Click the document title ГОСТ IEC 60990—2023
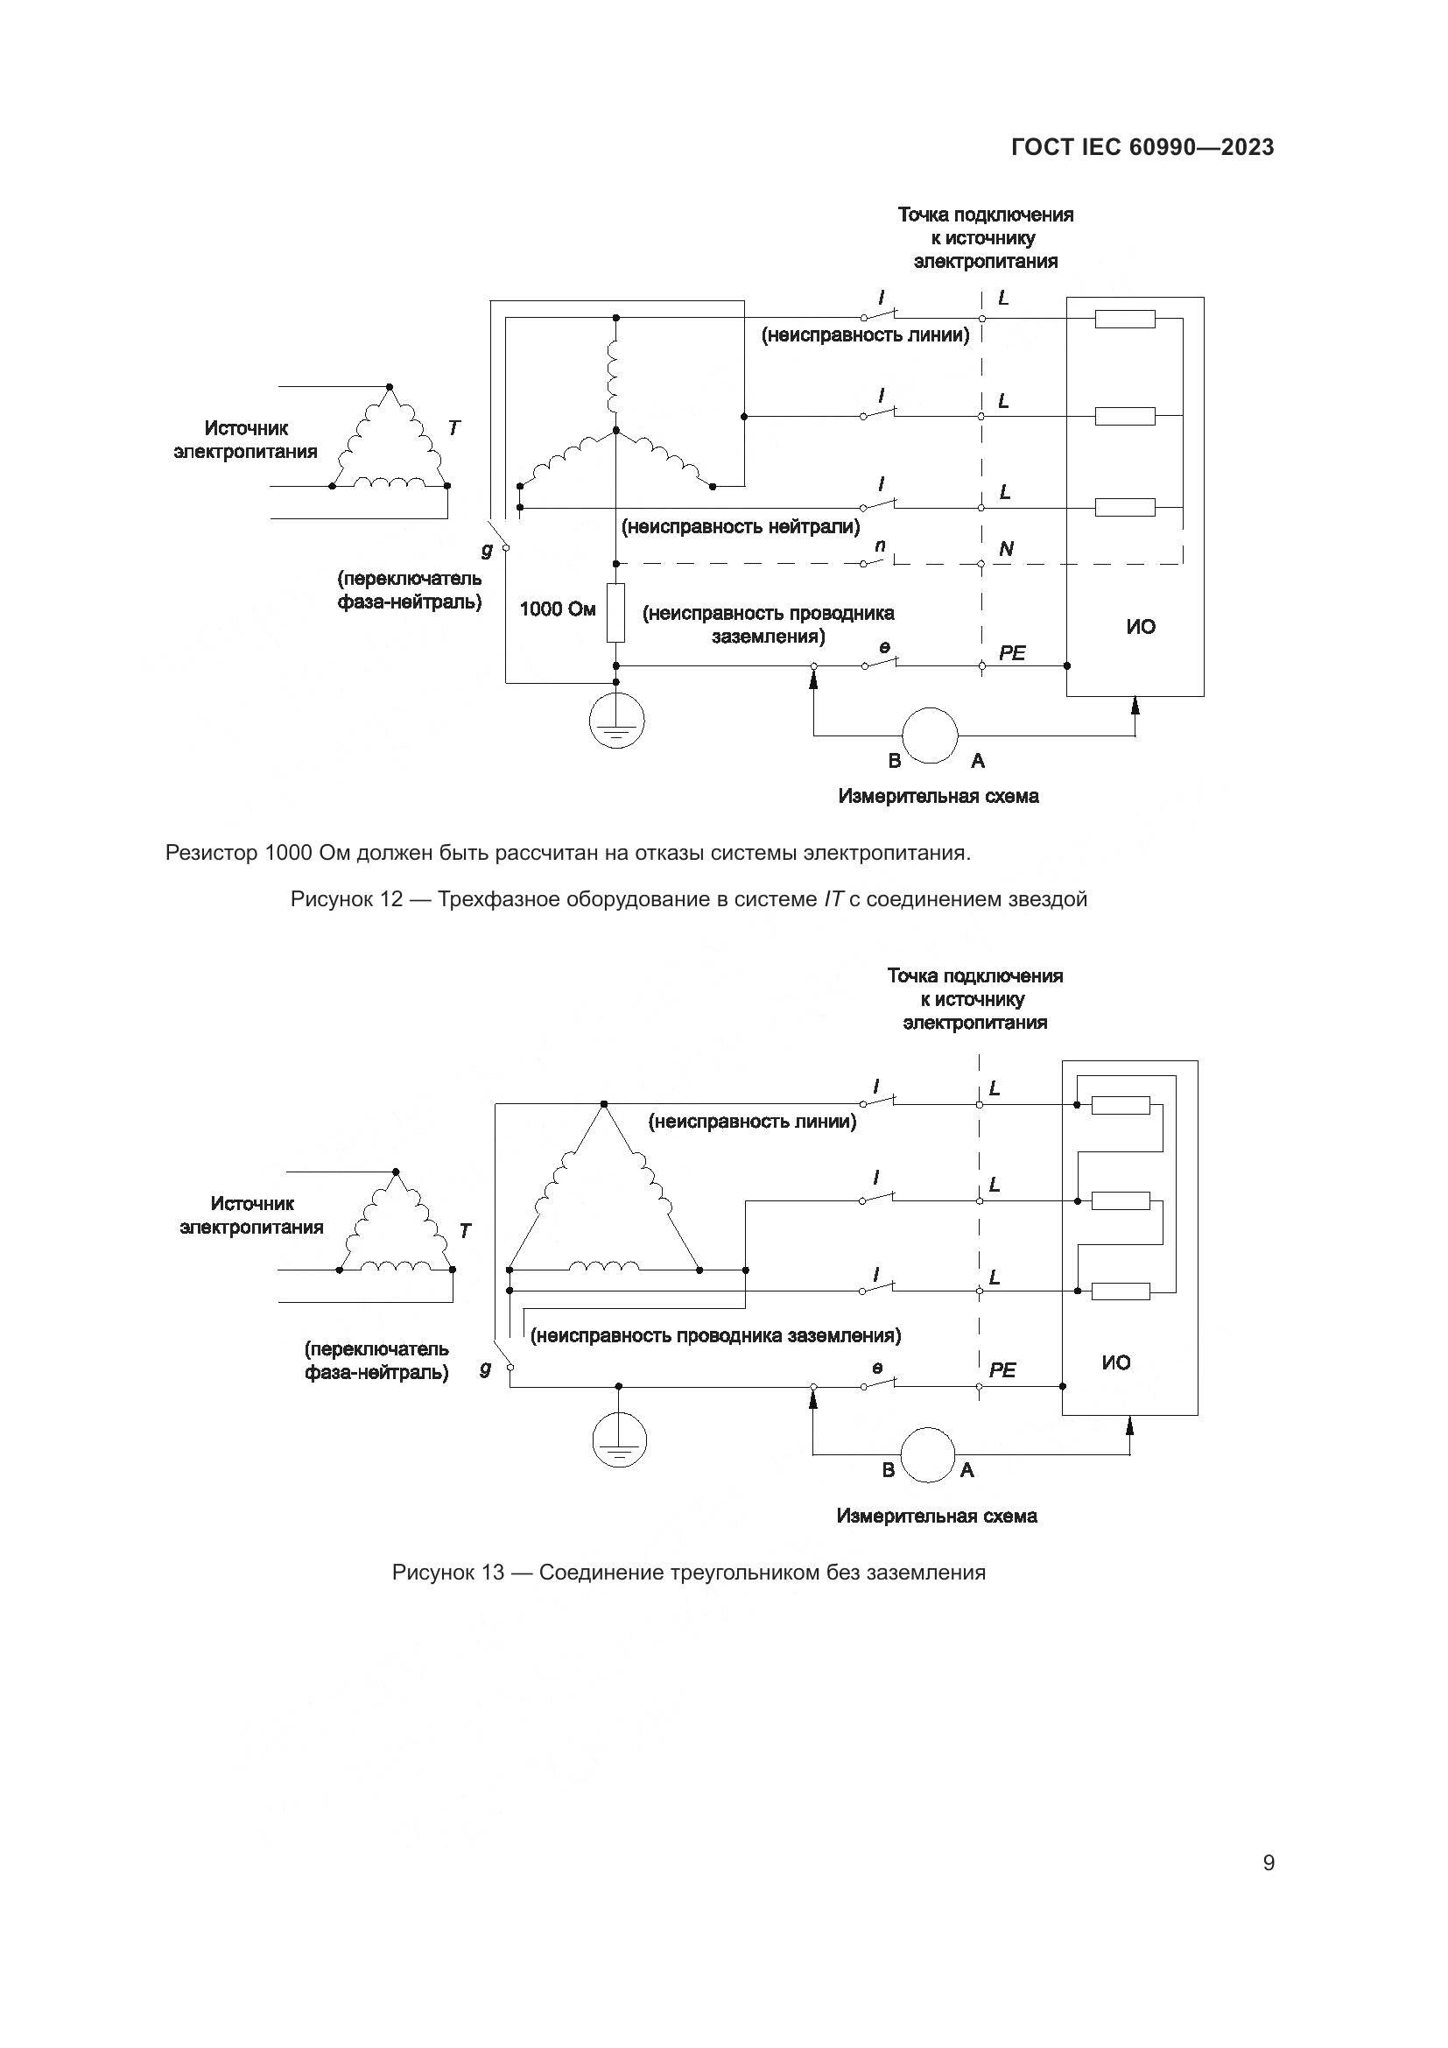click(x=1142, y=148)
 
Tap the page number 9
click(x=1268, y=1862)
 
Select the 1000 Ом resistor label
click(x=558, y=609)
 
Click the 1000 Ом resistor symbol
click(x=615, y=613)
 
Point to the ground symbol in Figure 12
click(x=616, y=721)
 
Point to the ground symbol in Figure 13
click(x=619, y=1440)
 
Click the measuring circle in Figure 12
click(x=930, y=735)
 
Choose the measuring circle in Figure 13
click(x=927, y=1455)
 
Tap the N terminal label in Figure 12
click(x=1006, y=550)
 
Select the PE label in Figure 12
click(x=1012, y=653)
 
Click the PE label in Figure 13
click(x=1002, y=1370)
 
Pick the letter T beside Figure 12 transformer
click(x=453, y=428)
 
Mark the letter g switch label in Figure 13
click(x=485, y=1369)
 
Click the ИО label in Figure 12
click(x=1141, y=627)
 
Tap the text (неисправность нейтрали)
click(x=740, y=527)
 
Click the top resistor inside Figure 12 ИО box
click(x=1124, y=319)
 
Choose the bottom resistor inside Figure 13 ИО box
click(x=1121, y=1291)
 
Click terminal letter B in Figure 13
click(x=888, y=1470)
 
